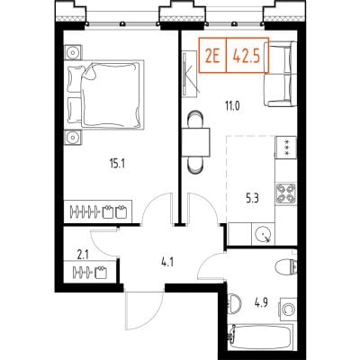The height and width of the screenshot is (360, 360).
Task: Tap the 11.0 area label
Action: coord(232,106)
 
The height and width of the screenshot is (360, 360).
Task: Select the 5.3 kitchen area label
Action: coord(252,199)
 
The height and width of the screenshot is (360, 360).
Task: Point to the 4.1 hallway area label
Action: coord(166,264)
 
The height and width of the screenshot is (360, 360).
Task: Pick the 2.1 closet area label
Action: coord(83,256)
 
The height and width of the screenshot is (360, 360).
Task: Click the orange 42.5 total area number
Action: coord(247,56)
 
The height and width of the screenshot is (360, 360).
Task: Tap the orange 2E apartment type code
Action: coord(212,56)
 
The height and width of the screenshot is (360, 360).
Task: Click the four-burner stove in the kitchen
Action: coord(286,193)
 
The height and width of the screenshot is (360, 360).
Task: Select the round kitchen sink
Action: coord(264,233)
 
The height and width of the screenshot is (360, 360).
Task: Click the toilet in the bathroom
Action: coord(285,267)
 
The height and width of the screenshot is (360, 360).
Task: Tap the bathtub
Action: coord(260,337)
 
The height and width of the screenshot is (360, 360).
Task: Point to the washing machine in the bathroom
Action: coord(288,310)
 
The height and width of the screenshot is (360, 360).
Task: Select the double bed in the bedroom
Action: coord(104,94)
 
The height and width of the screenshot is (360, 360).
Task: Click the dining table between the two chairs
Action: coord(195,142)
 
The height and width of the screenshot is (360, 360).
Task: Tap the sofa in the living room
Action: coord(281,74)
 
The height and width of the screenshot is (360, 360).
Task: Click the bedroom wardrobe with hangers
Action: coord(98,211)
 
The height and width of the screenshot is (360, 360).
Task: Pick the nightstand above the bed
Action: coord(73,52)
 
